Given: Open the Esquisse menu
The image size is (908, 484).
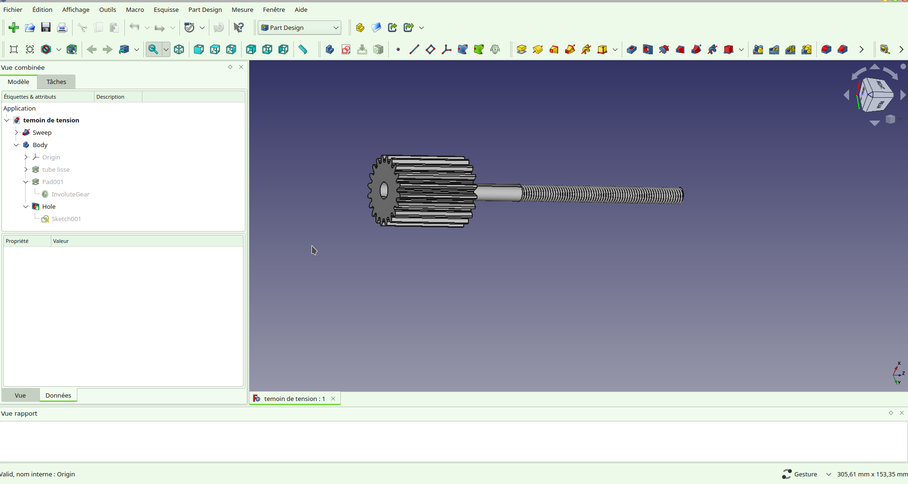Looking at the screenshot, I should click(166, 9).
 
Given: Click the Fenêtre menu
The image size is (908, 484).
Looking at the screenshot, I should click(273, 9).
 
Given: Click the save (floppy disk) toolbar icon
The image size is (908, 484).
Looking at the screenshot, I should click(46, 28).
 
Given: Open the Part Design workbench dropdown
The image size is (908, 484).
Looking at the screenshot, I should click(299, 28).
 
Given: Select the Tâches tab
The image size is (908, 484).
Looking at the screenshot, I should click(56, 82).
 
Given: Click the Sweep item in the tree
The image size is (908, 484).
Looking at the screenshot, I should click(42, 132).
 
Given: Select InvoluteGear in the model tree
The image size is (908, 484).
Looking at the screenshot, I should click(70, 194).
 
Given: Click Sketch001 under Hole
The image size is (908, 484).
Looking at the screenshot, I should click(66, 219).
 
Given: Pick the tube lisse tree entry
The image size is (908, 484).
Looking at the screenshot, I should click(56, 169).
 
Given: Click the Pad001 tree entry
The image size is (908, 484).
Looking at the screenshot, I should click(52, 182).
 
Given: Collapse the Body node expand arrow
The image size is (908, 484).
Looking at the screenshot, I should click(17, 145).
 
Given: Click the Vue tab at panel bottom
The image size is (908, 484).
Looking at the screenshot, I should click(20, 395).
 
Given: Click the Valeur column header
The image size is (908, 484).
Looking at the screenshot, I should click(61, 241).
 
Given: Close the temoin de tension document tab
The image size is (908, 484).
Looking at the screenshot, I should click(333, 399).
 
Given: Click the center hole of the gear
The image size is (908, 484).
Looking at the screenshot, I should click(384, 190).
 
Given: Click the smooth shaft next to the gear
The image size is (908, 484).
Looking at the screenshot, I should click(498, 193).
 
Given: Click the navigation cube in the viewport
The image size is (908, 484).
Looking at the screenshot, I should click(874, 95).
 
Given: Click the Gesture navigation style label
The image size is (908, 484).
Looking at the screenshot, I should click(805, 474).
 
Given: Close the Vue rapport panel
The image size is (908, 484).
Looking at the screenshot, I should click(901, 413).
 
